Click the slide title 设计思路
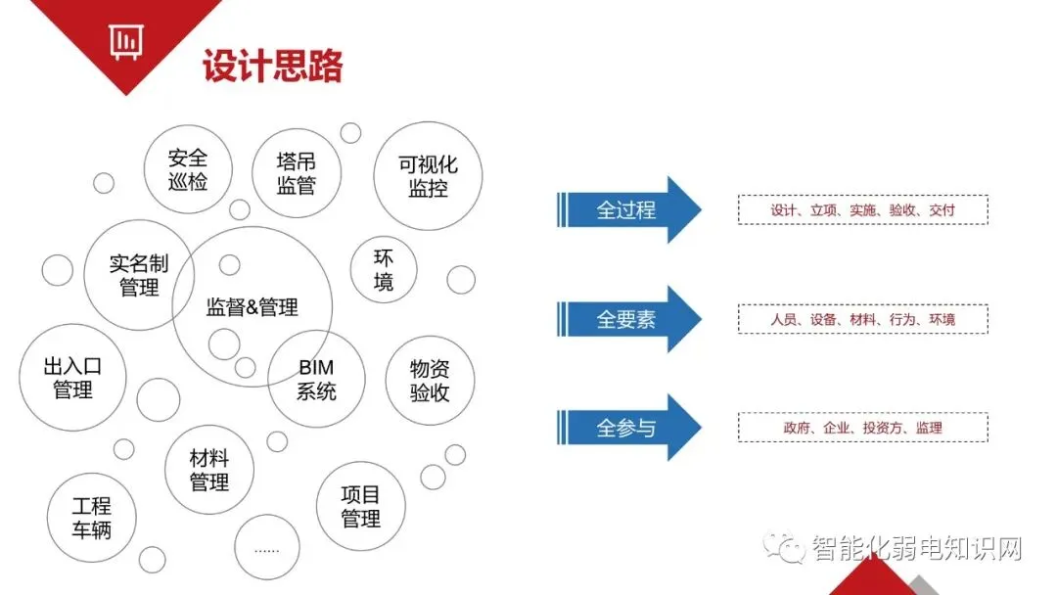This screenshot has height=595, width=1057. tap(272, 67)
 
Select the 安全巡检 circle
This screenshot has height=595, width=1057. tap(188, 169)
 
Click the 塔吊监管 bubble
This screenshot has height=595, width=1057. tap(296, 173)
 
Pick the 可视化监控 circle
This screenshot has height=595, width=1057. tap(428, 176)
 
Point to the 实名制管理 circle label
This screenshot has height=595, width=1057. tap(139, 275)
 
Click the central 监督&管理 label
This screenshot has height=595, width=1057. tap(253, 307)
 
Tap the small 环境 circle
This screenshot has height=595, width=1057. tap(384, 270)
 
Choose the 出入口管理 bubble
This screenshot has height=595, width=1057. tap(72, 378)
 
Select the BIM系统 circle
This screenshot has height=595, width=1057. tap(316, 380)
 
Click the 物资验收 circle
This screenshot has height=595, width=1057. tap(430, 381)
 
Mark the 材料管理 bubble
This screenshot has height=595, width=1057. tap(209, 470)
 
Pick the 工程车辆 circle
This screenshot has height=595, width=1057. tap(92, 519)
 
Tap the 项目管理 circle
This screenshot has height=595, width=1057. tap(360, 506)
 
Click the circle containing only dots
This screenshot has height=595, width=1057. tap(266, 548)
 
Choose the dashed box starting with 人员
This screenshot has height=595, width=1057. tap(862, 319)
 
